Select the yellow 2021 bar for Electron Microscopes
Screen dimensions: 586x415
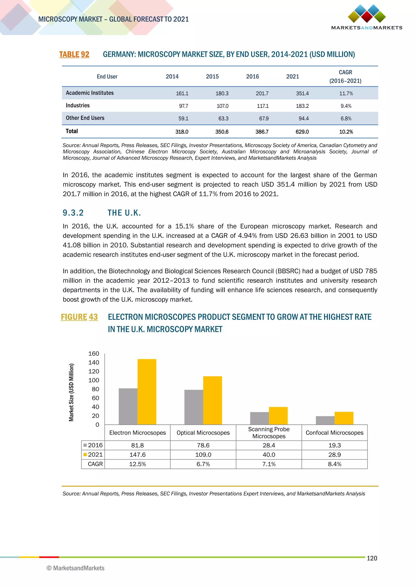[x=147, y=392]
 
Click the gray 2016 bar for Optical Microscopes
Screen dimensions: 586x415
[x=194, y=407]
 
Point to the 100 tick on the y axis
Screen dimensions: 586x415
[x=94, y=380]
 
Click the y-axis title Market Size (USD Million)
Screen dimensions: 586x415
[x=71, y=392]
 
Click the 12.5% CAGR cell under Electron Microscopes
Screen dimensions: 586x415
[x=137, y=464]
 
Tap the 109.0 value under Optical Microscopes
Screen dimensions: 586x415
[x=203, y=454]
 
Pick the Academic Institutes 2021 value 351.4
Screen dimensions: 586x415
[x=302, y=93]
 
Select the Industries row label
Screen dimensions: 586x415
[x=78, y=105]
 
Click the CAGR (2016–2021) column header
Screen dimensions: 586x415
[x=345, y=76]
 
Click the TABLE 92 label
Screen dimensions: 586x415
[x=74, y=54]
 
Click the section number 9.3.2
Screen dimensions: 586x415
[x=73, y=213]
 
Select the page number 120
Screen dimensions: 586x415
[x=372, y=558]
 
